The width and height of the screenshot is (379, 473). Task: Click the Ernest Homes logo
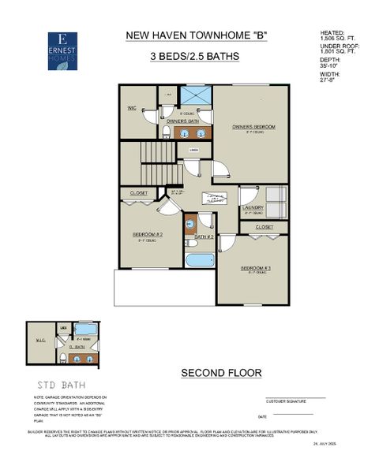pyautogui.click(x=62, y=51)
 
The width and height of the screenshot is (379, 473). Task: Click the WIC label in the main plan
pyautogui.click(x=133, y=108)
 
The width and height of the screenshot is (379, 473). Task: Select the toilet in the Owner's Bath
pyautogui.click(x=167, y=132)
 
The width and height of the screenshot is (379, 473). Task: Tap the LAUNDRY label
pyautogui.click(x=253, y=208)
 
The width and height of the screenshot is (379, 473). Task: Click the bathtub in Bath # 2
pyautogui.click(x=200, y=259)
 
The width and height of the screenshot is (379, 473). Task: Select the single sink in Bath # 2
pyautogui.click(x=190, y=224)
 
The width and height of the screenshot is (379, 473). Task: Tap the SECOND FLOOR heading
pyautogui.click(x=221, y=373)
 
